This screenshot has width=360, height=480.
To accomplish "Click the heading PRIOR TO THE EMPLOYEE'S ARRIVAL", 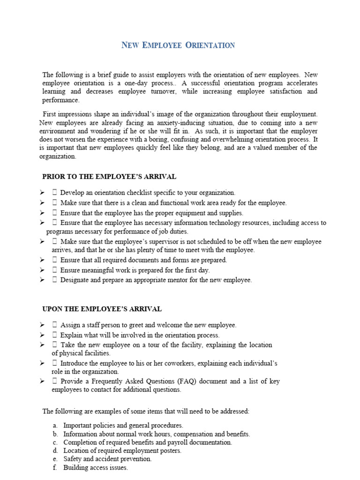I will (x=109, y=177).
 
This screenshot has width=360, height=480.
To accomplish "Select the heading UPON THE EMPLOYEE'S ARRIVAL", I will (x=102, y=309).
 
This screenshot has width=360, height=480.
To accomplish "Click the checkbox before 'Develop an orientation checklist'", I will (x=55, y=193).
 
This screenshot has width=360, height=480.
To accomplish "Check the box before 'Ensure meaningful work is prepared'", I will (x=55, y=270).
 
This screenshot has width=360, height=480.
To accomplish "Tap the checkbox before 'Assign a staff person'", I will (x=55, y=325).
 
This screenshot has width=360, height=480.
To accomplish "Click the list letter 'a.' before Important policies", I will (x=55, y=426).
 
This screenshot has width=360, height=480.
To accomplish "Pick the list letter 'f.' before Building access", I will (x=55, y=468).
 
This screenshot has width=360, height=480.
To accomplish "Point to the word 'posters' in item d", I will (x=170, y=451).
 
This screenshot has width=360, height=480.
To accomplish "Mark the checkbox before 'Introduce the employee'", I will (x=55, y=363).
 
